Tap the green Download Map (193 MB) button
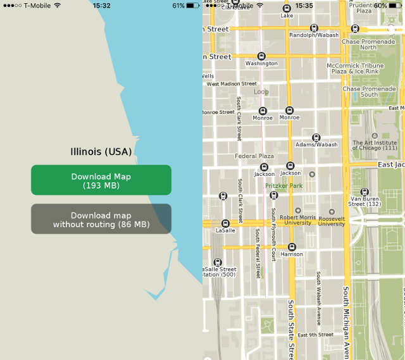(101, 180)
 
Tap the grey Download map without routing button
(101, 220)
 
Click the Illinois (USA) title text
(101, 152)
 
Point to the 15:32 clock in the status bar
(101, 5)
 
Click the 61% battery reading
(178, 5)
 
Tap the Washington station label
(261, 63)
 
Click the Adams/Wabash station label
(316, 145)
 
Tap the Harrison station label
(291, 254)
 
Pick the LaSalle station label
(225, 231)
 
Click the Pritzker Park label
(283, 186)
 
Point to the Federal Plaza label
(254, 156)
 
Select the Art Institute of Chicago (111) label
(375, 145)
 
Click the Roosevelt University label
(332, 220)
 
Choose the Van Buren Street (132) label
(364, 201)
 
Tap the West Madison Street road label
(232, 84)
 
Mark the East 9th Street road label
(315, 335)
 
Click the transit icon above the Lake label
(287, 8)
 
